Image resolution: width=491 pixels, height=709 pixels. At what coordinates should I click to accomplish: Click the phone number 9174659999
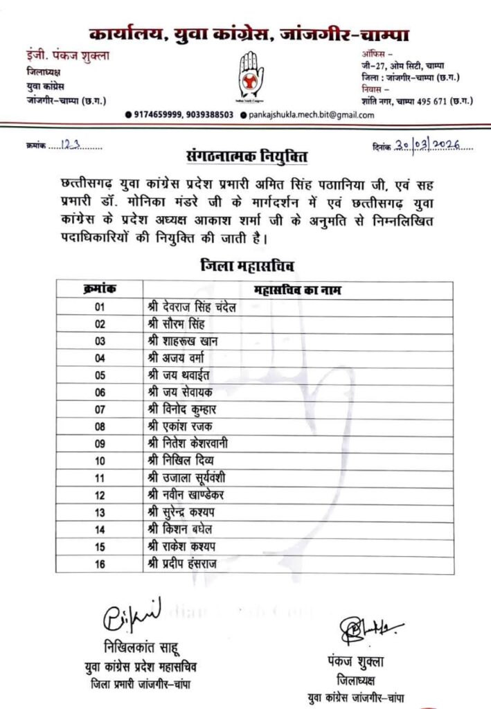point(159,116)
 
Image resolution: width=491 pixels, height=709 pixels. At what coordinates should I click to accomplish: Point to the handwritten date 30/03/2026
point(433,147)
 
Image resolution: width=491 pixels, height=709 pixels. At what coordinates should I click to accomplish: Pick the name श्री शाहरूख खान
point(180,341)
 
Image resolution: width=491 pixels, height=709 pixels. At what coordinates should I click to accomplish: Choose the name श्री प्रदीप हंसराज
point(182,564)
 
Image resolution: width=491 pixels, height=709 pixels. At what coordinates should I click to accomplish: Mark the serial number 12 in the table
point(100,496)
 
